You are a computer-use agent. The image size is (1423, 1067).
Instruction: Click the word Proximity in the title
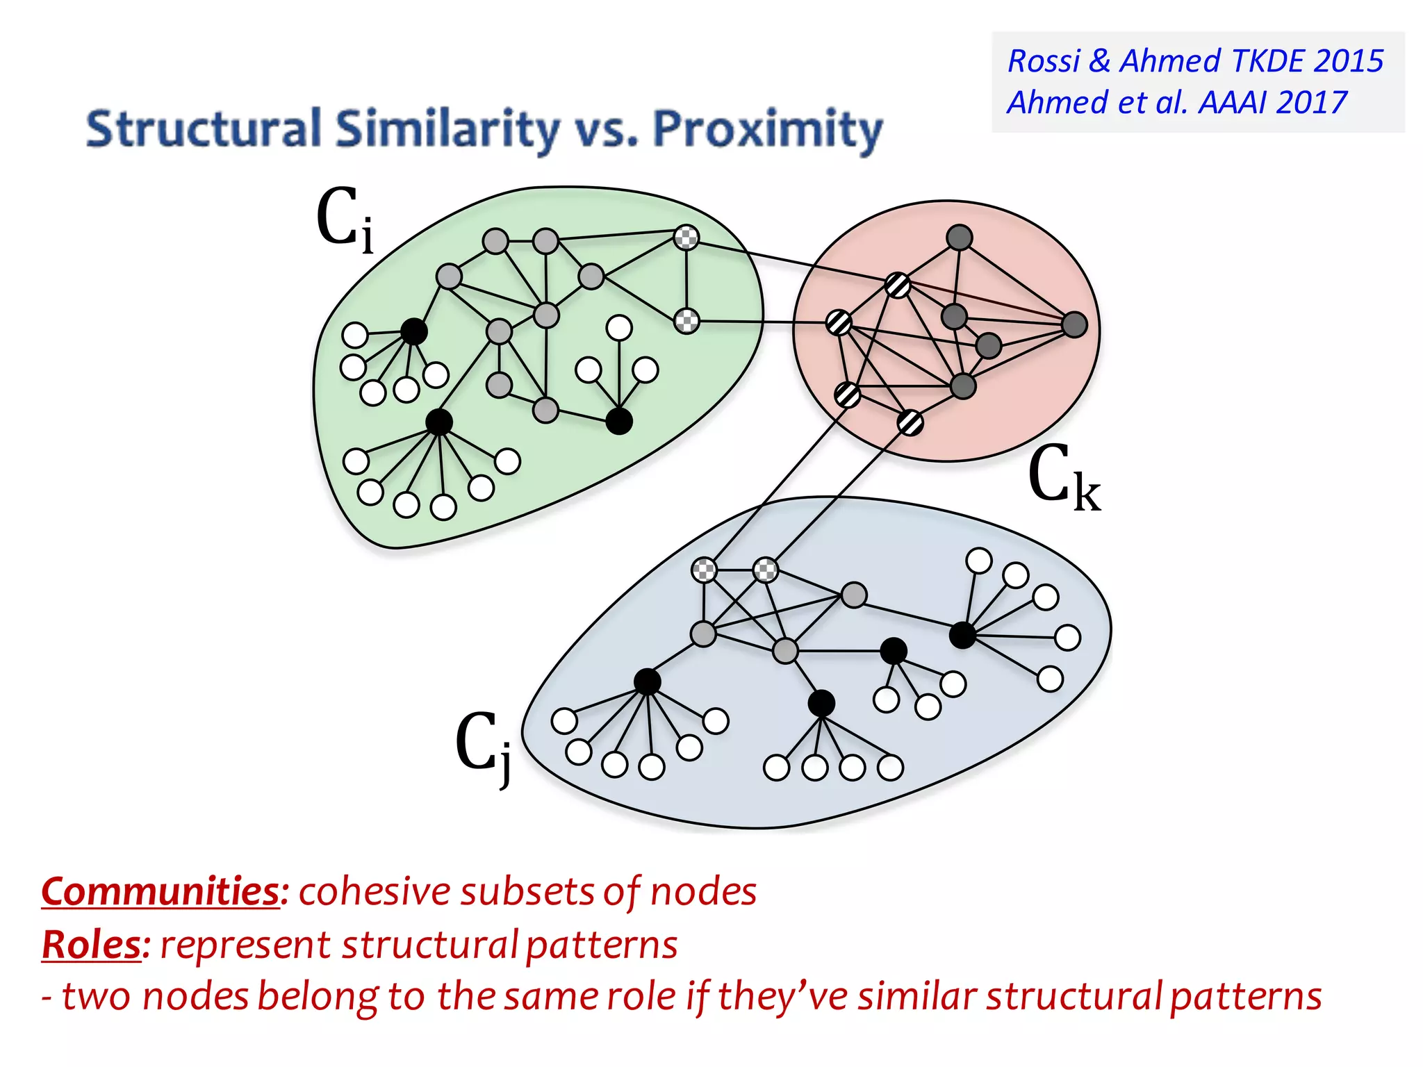click(767, 130)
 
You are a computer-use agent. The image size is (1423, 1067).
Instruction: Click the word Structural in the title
click(203, 130)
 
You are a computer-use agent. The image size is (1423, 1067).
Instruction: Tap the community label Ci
click(344, 219)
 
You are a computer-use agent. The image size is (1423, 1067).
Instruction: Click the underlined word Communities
click(160, 891)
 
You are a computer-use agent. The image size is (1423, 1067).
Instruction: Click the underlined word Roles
click(91, 945)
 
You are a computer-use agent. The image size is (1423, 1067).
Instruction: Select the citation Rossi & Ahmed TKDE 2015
click(1194, 61)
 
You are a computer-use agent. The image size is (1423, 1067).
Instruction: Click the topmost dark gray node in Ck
click(959, 238)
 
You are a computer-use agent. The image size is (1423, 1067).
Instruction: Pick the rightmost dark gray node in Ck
click(1074, 324)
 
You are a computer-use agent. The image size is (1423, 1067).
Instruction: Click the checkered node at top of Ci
click(686, 238)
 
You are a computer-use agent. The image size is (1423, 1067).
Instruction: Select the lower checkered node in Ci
click(686, 321)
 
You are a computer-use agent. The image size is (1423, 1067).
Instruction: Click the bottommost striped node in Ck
click(910, 422)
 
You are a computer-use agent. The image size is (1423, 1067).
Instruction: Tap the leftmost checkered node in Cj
click(705, 570)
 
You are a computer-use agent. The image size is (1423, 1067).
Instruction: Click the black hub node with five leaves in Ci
click(413, 331)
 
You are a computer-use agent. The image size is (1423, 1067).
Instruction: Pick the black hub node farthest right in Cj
click(962, 635)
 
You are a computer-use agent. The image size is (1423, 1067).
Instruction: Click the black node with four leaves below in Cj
click(821, 703)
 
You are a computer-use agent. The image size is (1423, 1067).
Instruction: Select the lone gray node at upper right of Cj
click(854, 595)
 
